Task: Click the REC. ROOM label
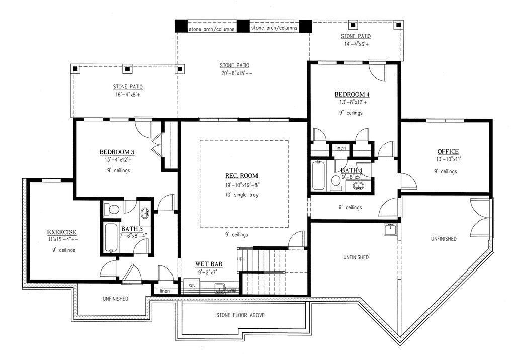(x=241, y=176)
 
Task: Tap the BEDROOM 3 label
(x=117, y=152)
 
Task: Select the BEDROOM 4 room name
(x=352, y=95)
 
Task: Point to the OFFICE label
(x=448, y=152)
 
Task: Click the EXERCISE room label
(x=62, y=232)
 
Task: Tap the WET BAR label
(x=209, y=264)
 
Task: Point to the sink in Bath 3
(x=145, y=213)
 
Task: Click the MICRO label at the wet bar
(x=231, y=291)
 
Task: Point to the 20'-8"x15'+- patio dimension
(x=234, y=74)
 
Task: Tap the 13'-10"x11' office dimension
(x=448, y=159)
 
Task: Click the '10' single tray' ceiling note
(x=241, y=194)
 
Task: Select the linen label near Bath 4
(x=340, y=148)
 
